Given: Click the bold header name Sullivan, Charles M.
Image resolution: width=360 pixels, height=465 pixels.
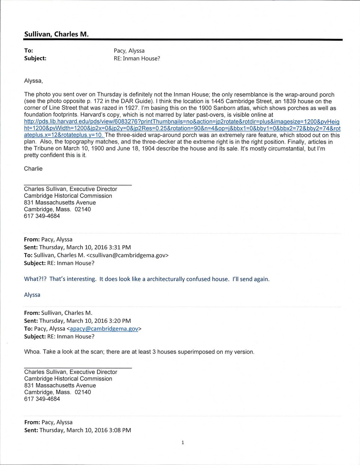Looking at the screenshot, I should point(56,34).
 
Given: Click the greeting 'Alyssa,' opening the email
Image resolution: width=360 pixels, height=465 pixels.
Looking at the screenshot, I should point(33,81).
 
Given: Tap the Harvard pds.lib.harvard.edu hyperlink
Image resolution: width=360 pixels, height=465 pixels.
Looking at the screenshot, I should point(182,128).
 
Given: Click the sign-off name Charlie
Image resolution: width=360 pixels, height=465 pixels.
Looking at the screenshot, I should point(33,169).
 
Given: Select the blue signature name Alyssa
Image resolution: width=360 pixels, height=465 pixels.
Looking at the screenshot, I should point(32,295).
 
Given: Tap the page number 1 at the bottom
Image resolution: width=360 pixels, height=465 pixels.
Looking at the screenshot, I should point(182,442).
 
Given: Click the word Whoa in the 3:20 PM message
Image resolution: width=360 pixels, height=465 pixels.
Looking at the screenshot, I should point(32,352).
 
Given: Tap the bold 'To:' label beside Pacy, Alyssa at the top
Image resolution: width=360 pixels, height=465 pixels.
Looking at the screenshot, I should point(29,51).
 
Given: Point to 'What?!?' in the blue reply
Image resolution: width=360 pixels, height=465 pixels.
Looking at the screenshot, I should point(35,279).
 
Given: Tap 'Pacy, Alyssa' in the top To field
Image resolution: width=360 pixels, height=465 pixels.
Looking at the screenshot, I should point(129,51).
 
